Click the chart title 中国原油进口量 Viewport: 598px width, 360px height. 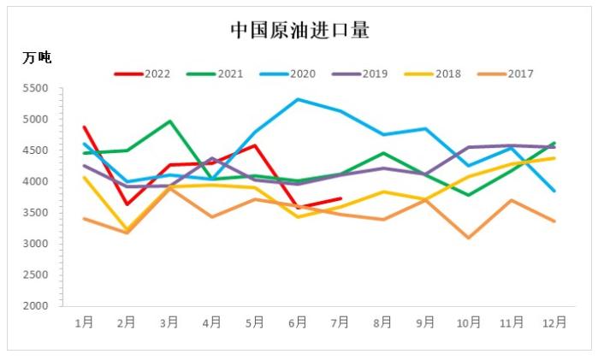pyautogui.click(x=299, y=31)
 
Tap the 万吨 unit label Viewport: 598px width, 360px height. pyautogui.click(x=37, y=57)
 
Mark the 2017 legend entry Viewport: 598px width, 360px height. pyautogui.click(x=520, y=74)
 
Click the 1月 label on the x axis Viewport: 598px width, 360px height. pyautogui.click(x=84, y=322)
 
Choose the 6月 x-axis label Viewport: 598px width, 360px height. pyautogui.click(x=298, y=322)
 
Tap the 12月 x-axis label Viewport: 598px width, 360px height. pyautogui.click(x=554, y=322)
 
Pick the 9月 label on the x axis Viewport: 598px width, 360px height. pyautogui.click(x=426, y=322)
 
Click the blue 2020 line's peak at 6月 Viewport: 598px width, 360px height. pyautogui.click(x=298, y=99)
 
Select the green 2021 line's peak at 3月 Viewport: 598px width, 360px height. pyautogui.click(x=169, y=121)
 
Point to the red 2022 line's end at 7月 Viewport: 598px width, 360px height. pyautogui.click(x=340, y=198)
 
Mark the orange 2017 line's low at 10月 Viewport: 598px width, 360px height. pyautogui.click(x=469, y=238)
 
